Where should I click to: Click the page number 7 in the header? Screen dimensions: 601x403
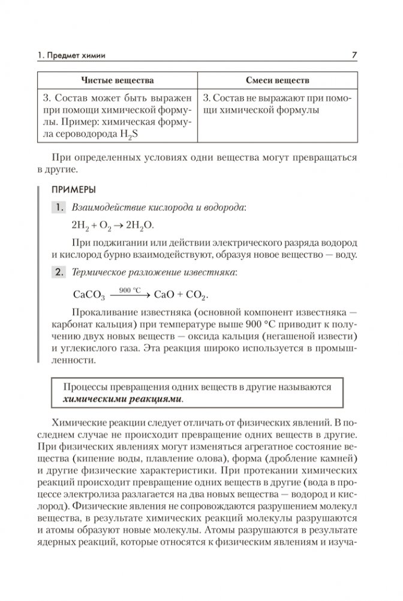[354, 56]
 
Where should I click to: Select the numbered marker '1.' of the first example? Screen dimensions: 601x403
[59, 208]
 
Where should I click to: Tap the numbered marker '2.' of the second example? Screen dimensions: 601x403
[59, 273]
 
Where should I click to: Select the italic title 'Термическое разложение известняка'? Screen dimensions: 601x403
[153, 273]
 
